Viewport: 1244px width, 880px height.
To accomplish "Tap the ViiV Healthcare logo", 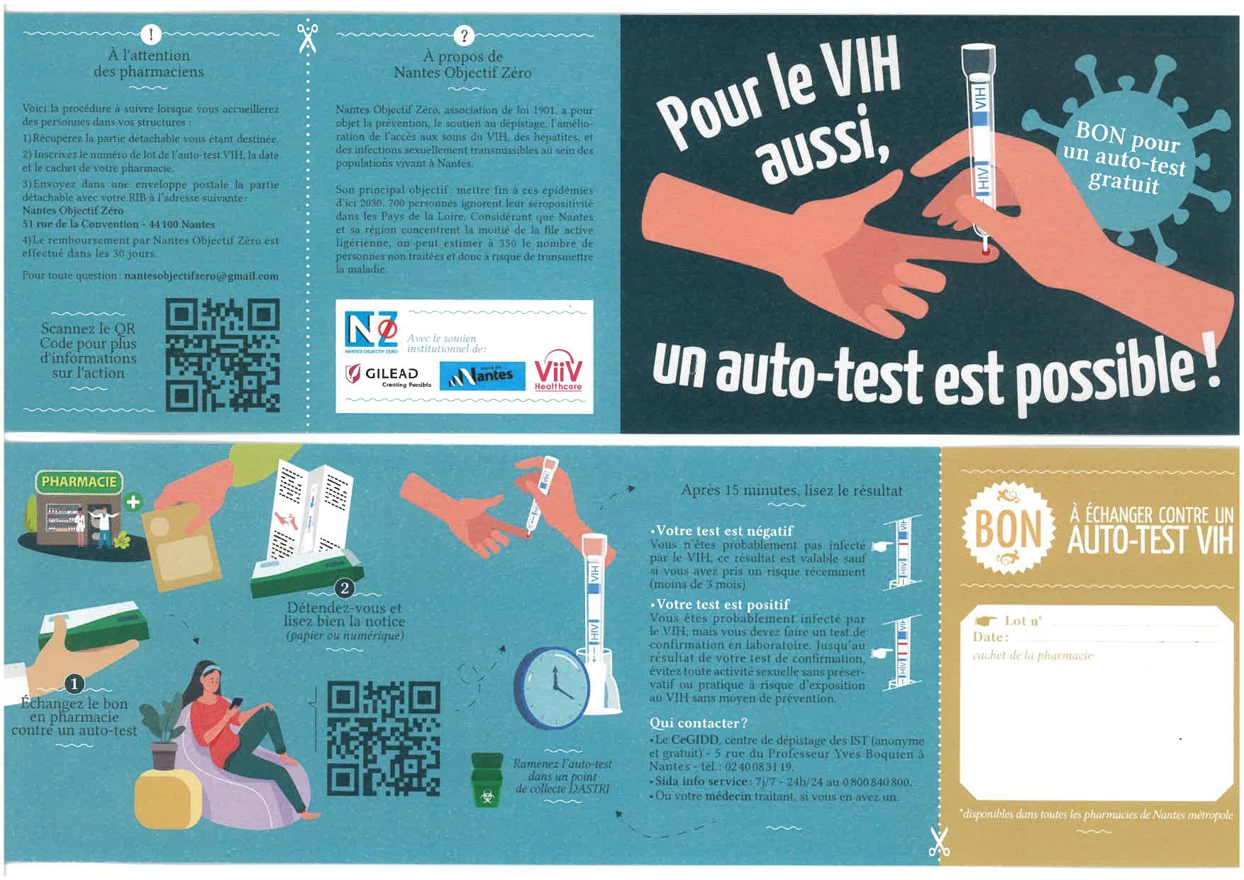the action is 558,370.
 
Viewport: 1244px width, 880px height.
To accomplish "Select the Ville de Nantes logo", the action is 482,375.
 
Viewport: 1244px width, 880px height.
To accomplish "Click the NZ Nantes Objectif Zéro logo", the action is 371,332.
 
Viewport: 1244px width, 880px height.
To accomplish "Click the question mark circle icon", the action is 464,35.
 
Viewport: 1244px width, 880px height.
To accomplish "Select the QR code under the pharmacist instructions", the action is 222,356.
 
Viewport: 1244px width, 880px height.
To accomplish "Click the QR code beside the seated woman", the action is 383,738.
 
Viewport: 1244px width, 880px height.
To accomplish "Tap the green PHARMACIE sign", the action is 79,482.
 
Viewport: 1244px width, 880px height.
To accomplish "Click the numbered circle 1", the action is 74,684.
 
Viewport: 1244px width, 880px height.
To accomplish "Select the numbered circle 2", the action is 345,588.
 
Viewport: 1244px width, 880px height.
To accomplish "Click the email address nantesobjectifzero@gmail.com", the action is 201,276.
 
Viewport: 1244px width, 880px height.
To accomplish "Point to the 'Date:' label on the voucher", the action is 991,637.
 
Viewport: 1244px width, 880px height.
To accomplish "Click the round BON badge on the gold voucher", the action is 1007,529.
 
